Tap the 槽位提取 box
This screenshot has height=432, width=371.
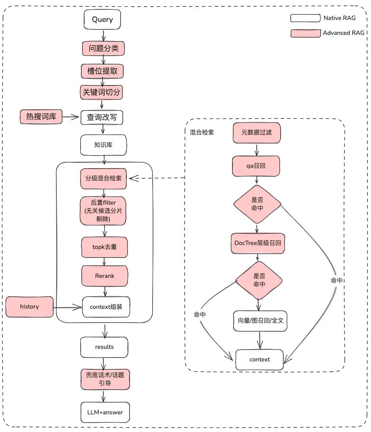coord(103,71)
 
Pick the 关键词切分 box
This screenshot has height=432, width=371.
coord(102,93)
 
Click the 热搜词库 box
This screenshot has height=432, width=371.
coord(41,117)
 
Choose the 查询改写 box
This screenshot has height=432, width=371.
coord(102,117)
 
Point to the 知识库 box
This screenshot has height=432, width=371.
coord(104,145)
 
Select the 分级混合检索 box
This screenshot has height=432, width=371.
coord(103,178)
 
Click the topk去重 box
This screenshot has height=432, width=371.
coord(104,247)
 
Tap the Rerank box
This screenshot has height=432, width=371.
coord(104,276)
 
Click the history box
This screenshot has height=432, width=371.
coord(29,307)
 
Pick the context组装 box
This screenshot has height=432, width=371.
coord(106,307)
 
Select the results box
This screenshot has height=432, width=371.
coord(104,347)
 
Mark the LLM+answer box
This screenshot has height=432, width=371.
coord(104,412)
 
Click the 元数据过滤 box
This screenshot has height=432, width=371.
coord(256,133)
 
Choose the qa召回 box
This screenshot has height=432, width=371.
coord(256,166)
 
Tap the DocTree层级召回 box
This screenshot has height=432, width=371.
coord(258,243)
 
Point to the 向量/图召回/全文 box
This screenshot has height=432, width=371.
coord(260,320)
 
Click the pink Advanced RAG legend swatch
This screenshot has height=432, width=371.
coord(305,33)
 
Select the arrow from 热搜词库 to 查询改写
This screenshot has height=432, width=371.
coord(71,116)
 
